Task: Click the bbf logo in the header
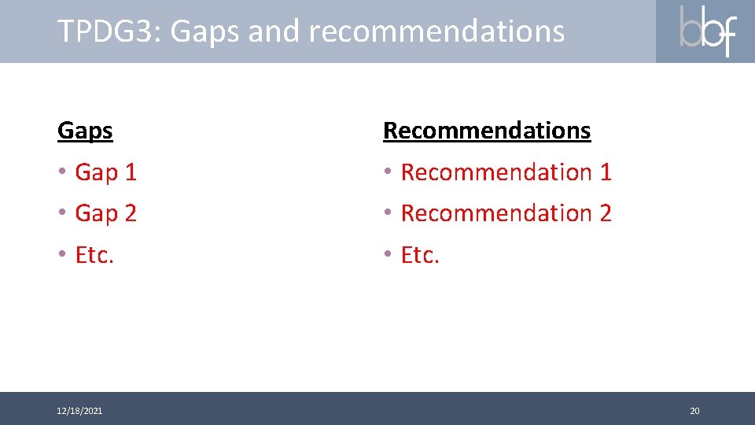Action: [706, 31]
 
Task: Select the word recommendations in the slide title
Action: [436, 31]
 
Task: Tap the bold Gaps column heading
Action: [85, 131]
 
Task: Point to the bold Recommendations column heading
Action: [486, 131]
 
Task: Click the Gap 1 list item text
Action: [105, 172]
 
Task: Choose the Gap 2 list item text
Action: [105, 213]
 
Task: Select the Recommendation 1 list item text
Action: [506, 172]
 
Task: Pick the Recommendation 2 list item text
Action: [506, 213]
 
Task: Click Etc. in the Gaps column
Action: [94, 255]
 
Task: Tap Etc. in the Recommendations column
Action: [420, 255]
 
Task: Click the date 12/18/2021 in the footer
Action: [79, 411]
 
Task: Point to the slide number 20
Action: [694, 411]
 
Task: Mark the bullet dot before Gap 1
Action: [62, 172]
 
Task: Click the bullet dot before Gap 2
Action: [62, 213]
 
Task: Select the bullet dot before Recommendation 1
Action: [388, 172]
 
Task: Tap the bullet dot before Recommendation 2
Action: [388, 213]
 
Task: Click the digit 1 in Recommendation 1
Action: [605, 172]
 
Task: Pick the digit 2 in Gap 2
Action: [130, 213]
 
